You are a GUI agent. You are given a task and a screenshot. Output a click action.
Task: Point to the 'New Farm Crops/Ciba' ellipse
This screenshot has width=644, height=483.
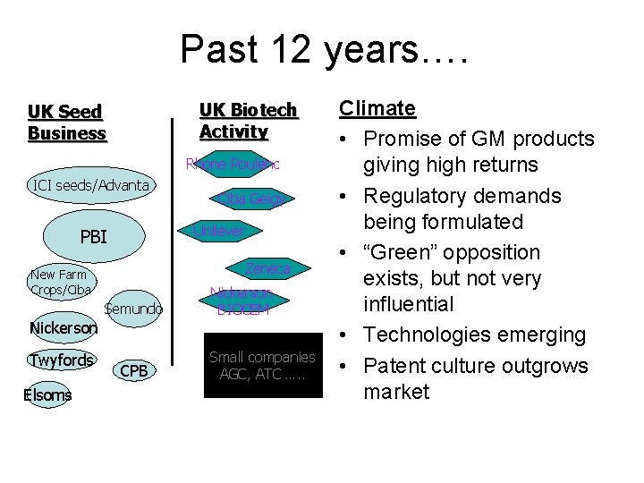click(60, 282)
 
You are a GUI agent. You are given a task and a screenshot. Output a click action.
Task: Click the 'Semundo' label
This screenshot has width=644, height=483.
click(133, 309)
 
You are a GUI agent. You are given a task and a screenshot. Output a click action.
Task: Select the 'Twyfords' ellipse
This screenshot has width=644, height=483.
click(60, 360)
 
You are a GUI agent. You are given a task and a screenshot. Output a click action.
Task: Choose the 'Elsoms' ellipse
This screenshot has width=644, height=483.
click(48, 394)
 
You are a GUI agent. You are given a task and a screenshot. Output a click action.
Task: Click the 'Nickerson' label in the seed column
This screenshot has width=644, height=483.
click(63, 328)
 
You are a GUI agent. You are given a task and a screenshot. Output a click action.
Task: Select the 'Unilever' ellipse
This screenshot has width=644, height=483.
click(217, 231)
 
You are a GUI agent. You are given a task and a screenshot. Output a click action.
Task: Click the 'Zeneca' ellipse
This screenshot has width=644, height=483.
click(268, 267)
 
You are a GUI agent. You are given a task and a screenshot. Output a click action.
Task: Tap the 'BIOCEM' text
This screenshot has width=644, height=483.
click(242, 309)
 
